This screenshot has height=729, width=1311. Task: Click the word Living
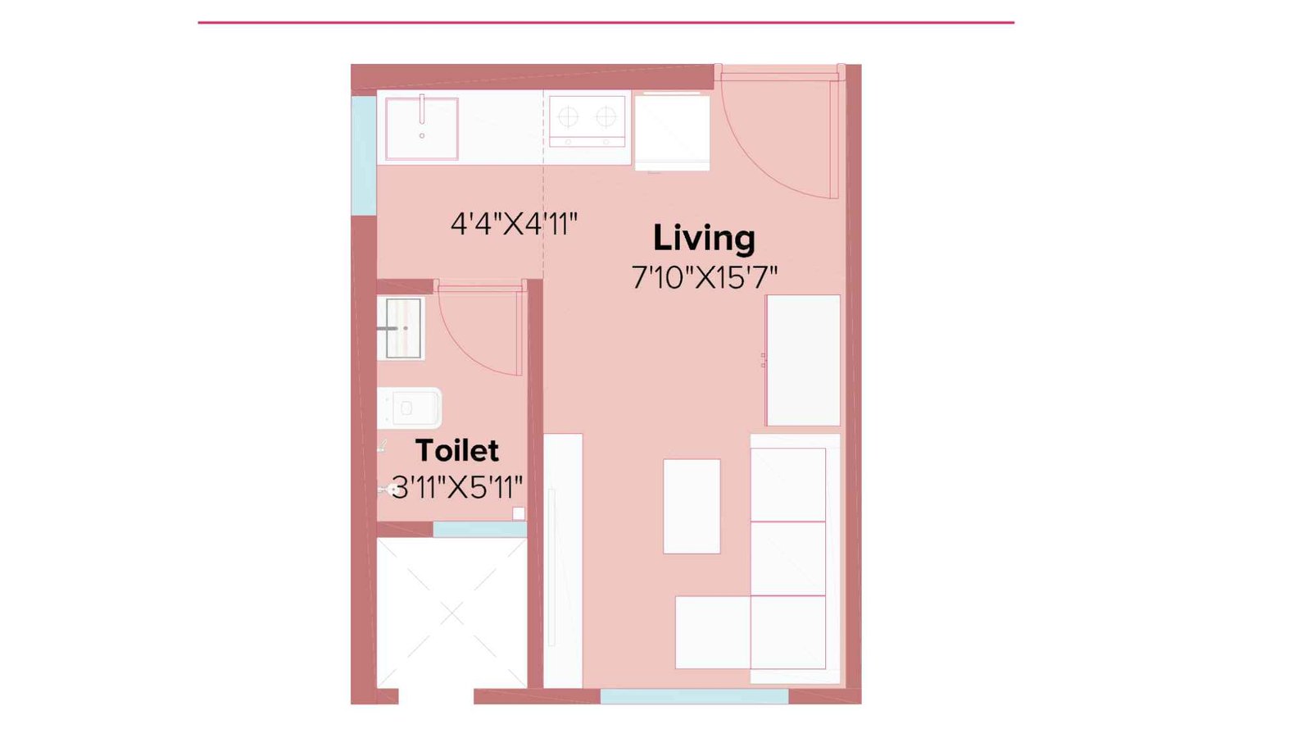[703, 239]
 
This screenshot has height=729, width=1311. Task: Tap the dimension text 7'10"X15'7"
[703, 277]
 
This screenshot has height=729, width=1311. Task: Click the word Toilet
[456, 450]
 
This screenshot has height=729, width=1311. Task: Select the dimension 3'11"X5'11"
[456, 487]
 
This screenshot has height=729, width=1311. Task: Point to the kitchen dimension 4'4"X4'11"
[514, 223]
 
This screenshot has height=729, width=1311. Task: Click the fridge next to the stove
[672, 132]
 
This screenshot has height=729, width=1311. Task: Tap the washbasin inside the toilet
[401, 328]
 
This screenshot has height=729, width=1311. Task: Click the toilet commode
[410, 408]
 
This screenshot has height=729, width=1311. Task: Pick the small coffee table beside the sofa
[692, 506]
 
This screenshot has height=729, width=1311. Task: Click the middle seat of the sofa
[787, 558]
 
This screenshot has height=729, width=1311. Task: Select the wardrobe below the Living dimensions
[803, 360]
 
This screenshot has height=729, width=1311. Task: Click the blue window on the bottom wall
[694, 696]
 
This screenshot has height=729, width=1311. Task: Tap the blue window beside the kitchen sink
[363, 155]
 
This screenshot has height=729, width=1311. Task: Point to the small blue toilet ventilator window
[479, 530]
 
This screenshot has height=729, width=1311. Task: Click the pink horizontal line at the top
[606, 22]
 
